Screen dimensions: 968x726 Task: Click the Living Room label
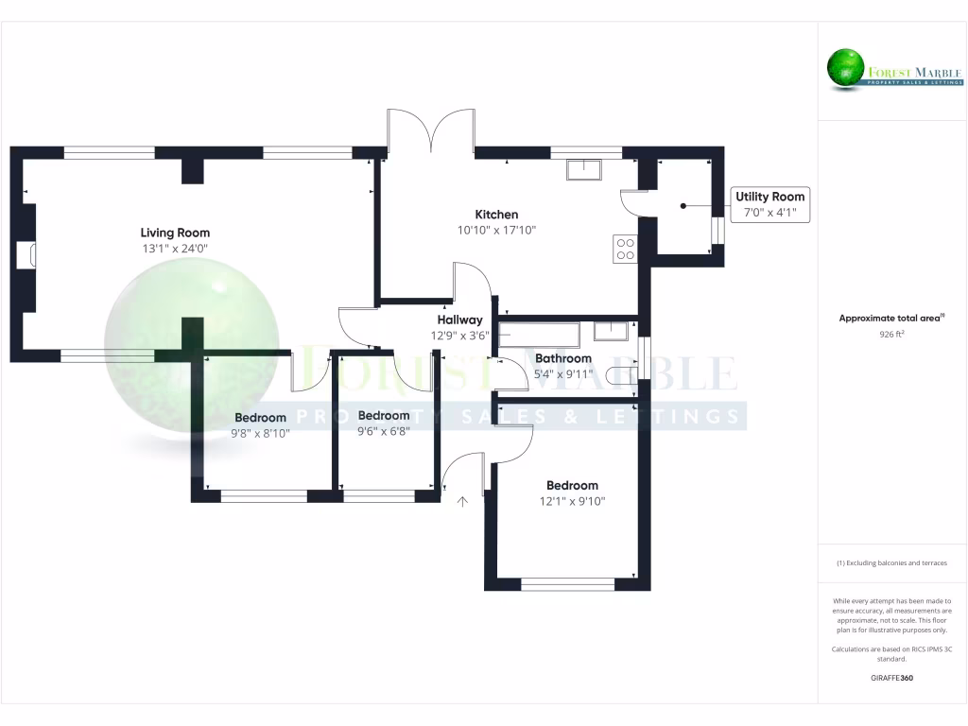175,233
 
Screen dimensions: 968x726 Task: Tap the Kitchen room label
496,215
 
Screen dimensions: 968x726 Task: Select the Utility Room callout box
770,204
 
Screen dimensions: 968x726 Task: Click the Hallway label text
459,320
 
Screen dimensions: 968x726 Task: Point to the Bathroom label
563,358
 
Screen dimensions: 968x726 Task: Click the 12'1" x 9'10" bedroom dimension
572,501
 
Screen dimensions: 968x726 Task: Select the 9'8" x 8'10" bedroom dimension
260,434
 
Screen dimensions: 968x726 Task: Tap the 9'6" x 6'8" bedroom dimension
383,431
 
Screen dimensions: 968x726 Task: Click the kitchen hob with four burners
625,249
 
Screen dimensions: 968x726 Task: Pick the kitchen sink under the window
585,170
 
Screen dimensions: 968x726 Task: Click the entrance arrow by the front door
463,502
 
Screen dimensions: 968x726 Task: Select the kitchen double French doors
430,130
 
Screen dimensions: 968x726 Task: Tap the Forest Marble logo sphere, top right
847,68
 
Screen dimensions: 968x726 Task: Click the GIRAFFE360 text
891,678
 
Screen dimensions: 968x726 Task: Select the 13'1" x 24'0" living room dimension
175,249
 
